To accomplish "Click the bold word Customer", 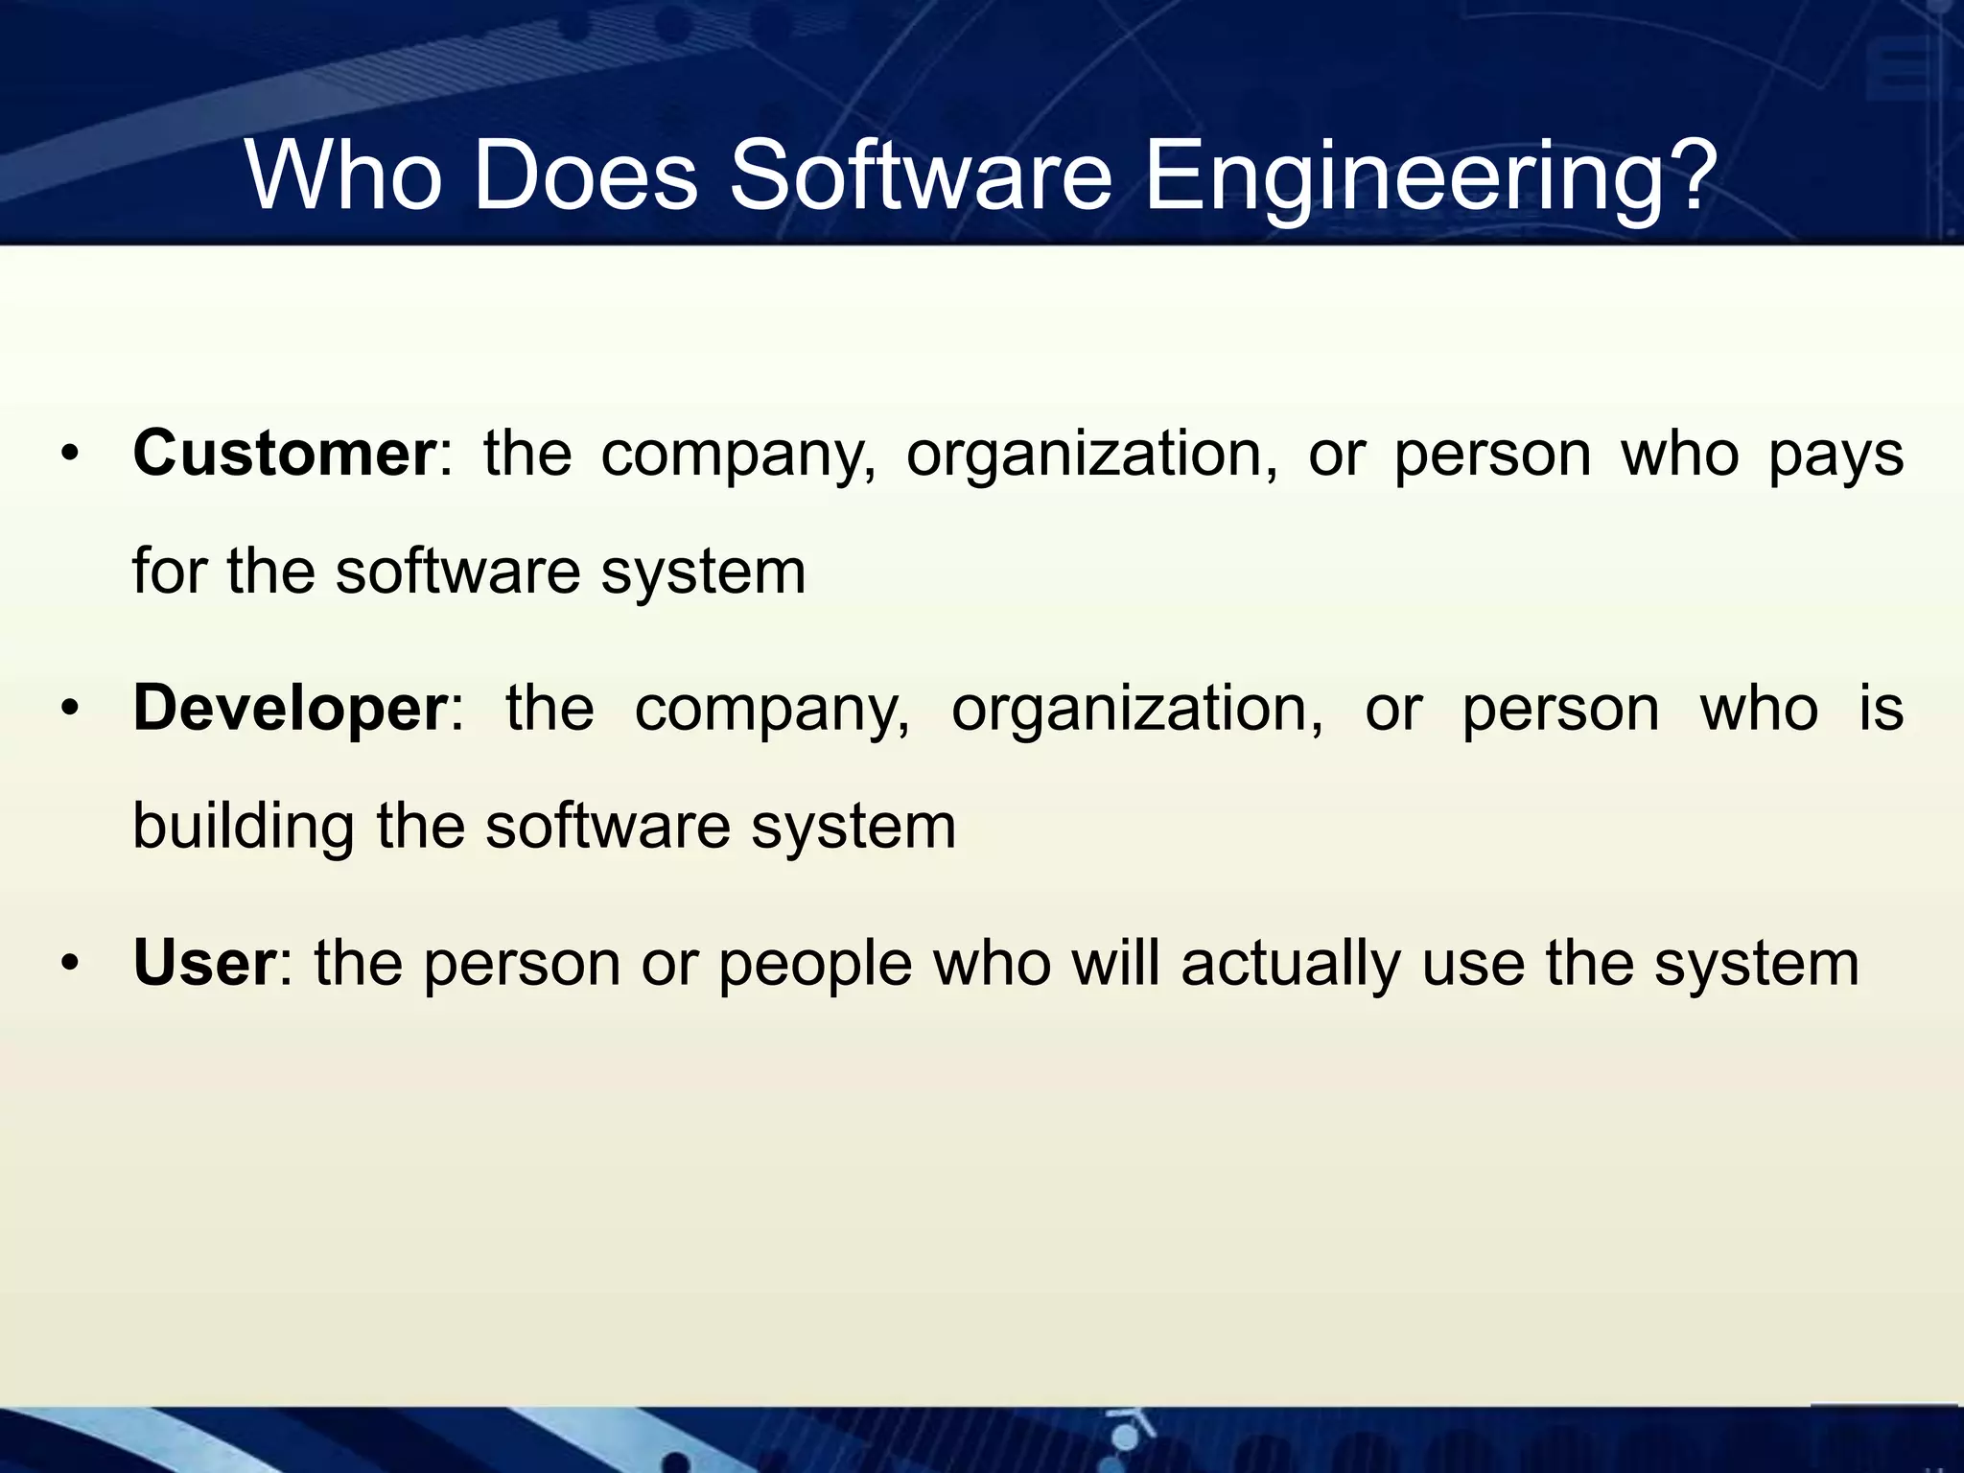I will (x=285, y=454).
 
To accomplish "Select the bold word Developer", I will (x=291, y=709).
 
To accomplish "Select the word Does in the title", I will (x=585, y=176).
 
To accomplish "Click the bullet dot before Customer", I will (x=68, y=455).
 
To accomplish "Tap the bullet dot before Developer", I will (x=68, y=710).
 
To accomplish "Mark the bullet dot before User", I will (x=68, y=964).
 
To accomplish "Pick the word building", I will (x=244, y=827).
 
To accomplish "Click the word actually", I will (x=1291, y=965).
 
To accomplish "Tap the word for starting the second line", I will (x=170, y=572).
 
